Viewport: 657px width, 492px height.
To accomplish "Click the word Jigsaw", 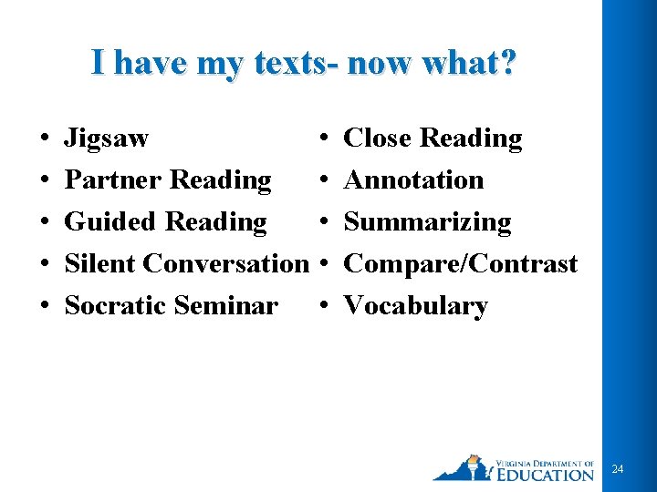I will (x=106, y=139).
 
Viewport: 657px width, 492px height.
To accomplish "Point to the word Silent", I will (x=100, y=264).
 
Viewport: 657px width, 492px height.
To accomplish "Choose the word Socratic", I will (x=115, y=306).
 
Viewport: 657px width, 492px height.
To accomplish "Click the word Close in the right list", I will (x=377, y=138).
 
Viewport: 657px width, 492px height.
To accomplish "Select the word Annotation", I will (x=413, y=180).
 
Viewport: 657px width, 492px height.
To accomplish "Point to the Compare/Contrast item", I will (x=460, y=264).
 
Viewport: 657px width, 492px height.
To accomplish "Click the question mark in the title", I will (x=507, y=63).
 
